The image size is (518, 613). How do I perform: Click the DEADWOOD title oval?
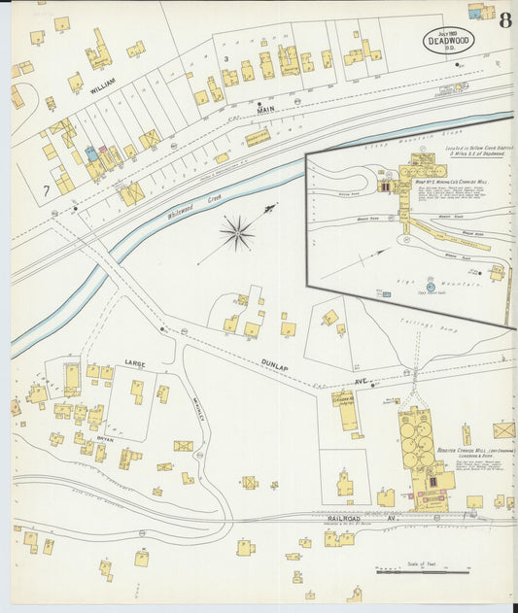[x=447, y=42]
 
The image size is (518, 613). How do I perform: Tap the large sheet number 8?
[x=505, y=20]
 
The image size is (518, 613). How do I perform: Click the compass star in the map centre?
[x=237, y=232]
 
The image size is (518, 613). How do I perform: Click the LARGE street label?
[x=134, y=363]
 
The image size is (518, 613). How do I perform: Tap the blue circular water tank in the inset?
[x=403, y=287]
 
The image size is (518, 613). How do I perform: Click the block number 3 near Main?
[x=225, y=59]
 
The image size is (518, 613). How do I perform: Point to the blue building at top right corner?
[x=476, y=12]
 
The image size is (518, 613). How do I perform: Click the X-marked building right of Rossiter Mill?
[x=503, y=429]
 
